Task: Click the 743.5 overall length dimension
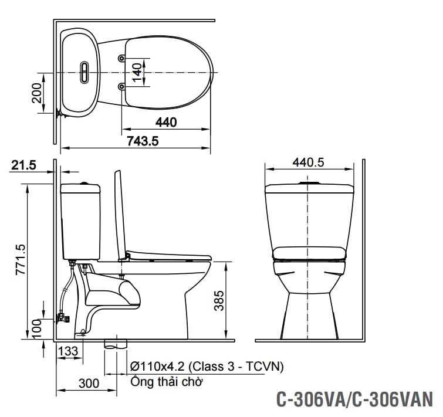click(x=143, y=141)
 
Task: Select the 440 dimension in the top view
click(x=166, y=123)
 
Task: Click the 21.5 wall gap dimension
click(x=23, y=166)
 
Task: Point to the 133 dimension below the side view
click(x=68, y=351)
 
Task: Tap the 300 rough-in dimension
click(x=89, y=384)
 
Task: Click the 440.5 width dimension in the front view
click(x=309, y=163)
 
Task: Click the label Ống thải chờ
click(x=167, y=382)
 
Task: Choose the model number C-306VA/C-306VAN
click(x=354, y=399)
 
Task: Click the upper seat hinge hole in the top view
click(x=121, y=58)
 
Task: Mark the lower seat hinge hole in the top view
click(x=121, y=86)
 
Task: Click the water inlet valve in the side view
click(x=62, y=318)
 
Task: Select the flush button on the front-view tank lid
click(x=309, y=184)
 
